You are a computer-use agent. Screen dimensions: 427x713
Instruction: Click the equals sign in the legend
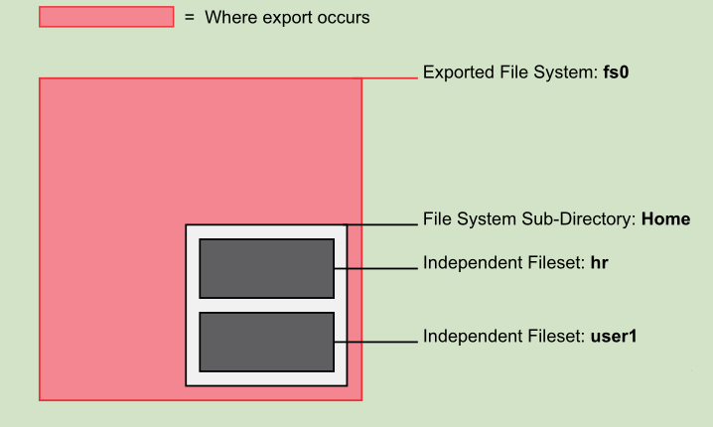190,17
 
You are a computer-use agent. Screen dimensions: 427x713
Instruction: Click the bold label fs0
617,72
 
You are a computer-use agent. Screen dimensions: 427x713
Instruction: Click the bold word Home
665,218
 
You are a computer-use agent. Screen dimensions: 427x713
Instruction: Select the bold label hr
599,263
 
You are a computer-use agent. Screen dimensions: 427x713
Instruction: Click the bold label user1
613,337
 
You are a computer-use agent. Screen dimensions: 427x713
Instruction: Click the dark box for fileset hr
266,268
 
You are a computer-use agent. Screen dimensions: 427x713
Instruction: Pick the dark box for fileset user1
266,343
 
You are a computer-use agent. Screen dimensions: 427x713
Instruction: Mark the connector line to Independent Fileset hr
374,268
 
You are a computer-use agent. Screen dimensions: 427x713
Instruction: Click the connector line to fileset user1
374,343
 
